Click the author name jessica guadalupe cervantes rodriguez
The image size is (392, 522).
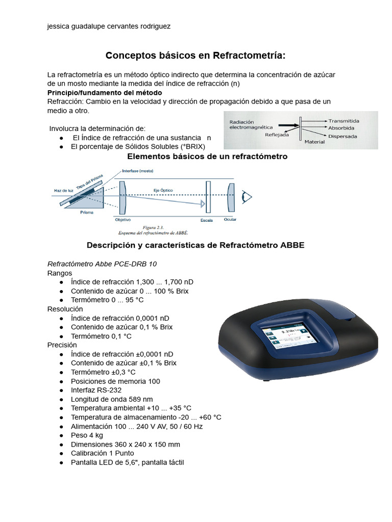click(109, 27)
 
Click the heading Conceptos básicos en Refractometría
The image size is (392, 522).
click(195, 55)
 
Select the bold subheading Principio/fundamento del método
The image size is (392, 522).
click(105, 92)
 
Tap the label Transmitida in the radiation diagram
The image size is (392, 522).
click(344, 121)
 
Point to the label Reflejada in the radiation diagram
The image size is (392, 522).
click(277, 135)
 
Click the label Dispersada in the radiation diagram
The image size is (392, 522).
click(342, 136)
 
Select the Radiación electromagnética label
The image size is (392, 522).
click(251, 125)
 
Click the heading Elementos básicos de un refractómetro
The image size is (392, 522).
click(207, 156)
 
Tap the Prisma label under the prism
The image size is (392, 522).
click(87, 212)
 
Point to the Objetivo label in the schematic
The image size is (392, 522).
click(123, 220)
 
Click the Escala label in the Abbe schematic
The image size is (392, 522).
click(206, 220)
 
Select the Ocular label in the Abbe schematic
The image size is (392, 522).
click(230, 219)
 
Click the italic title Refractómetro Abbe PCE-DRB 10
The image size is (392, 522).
click(102, 264)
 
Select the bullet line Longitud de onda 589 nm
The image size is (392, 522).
click(112, 399)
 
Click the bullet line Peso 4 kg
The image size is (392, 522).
click(87, 435)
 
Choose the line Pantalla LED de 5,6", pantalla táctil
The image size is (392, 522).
click(127, 462)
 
